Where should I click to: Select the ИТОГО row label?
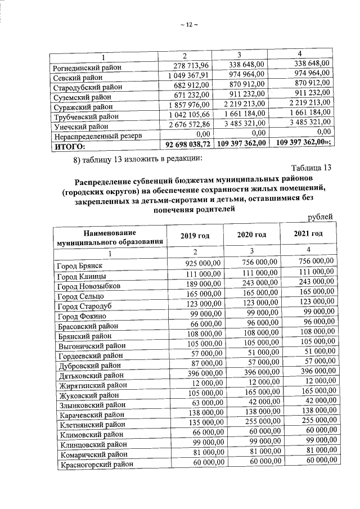coord(69,147)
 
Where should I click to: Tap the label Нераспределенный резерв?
coord(96,137)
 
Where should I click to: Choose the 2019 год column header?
coord(195,236)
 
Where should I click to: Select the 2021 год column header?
coord(308,234)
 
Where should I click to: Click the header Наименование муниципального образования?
coord(110,237)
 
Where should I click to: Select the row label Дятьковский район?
coord(91,375)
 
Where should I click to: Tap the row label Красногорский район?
coord(94,465)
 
